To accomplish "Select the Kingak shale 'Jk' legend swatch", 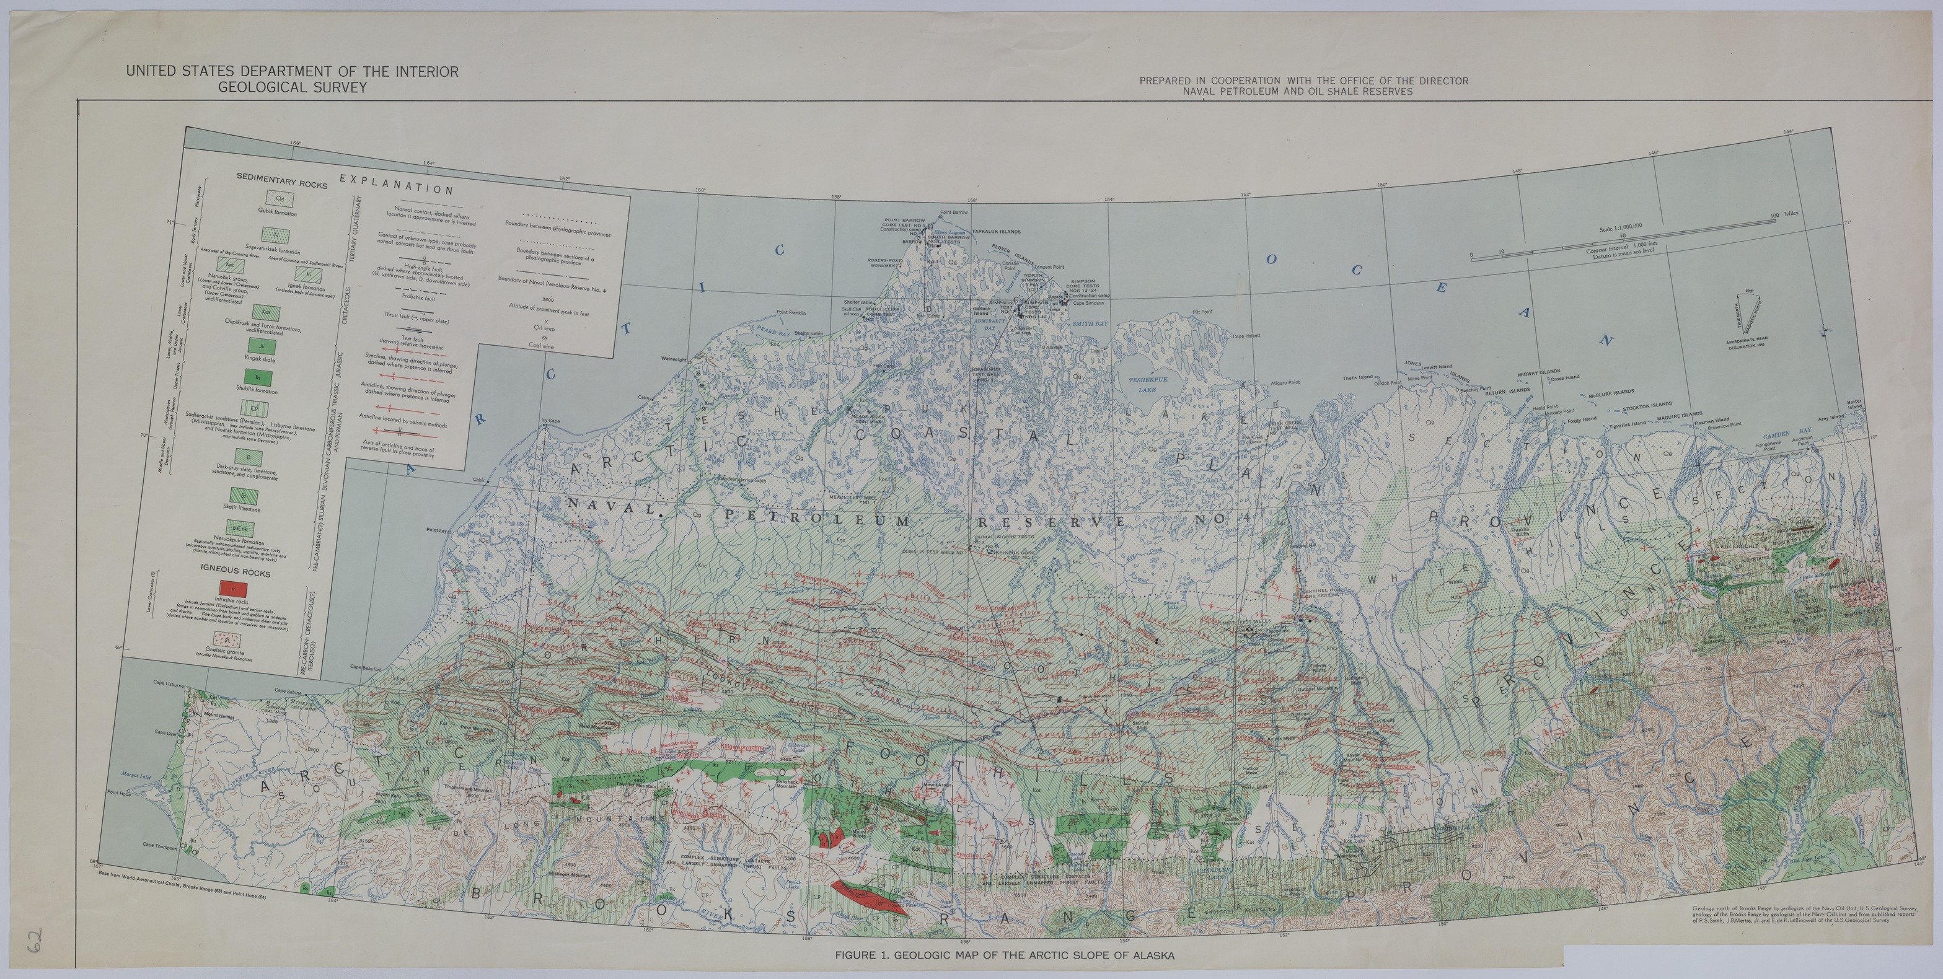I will [260, 346].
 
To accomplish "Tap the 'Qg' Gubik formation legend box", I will [280, 198].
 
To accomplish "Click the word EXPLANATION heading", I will [397, 185].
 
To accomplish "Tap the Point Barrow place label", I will [954, 213].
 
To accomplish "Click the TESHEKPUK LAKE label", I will [1147, 385].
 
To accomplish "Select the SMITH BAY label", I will [1090, 323].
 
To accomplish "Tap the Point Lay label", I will [437, 530].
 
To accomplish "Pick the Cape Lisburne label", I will [169, 683].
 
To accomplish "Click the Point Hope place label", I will [119, 792].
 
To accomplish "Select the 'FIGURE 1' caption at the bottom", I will [1004, 955].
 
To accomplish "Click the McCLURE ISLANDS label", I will [1611, 392].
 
